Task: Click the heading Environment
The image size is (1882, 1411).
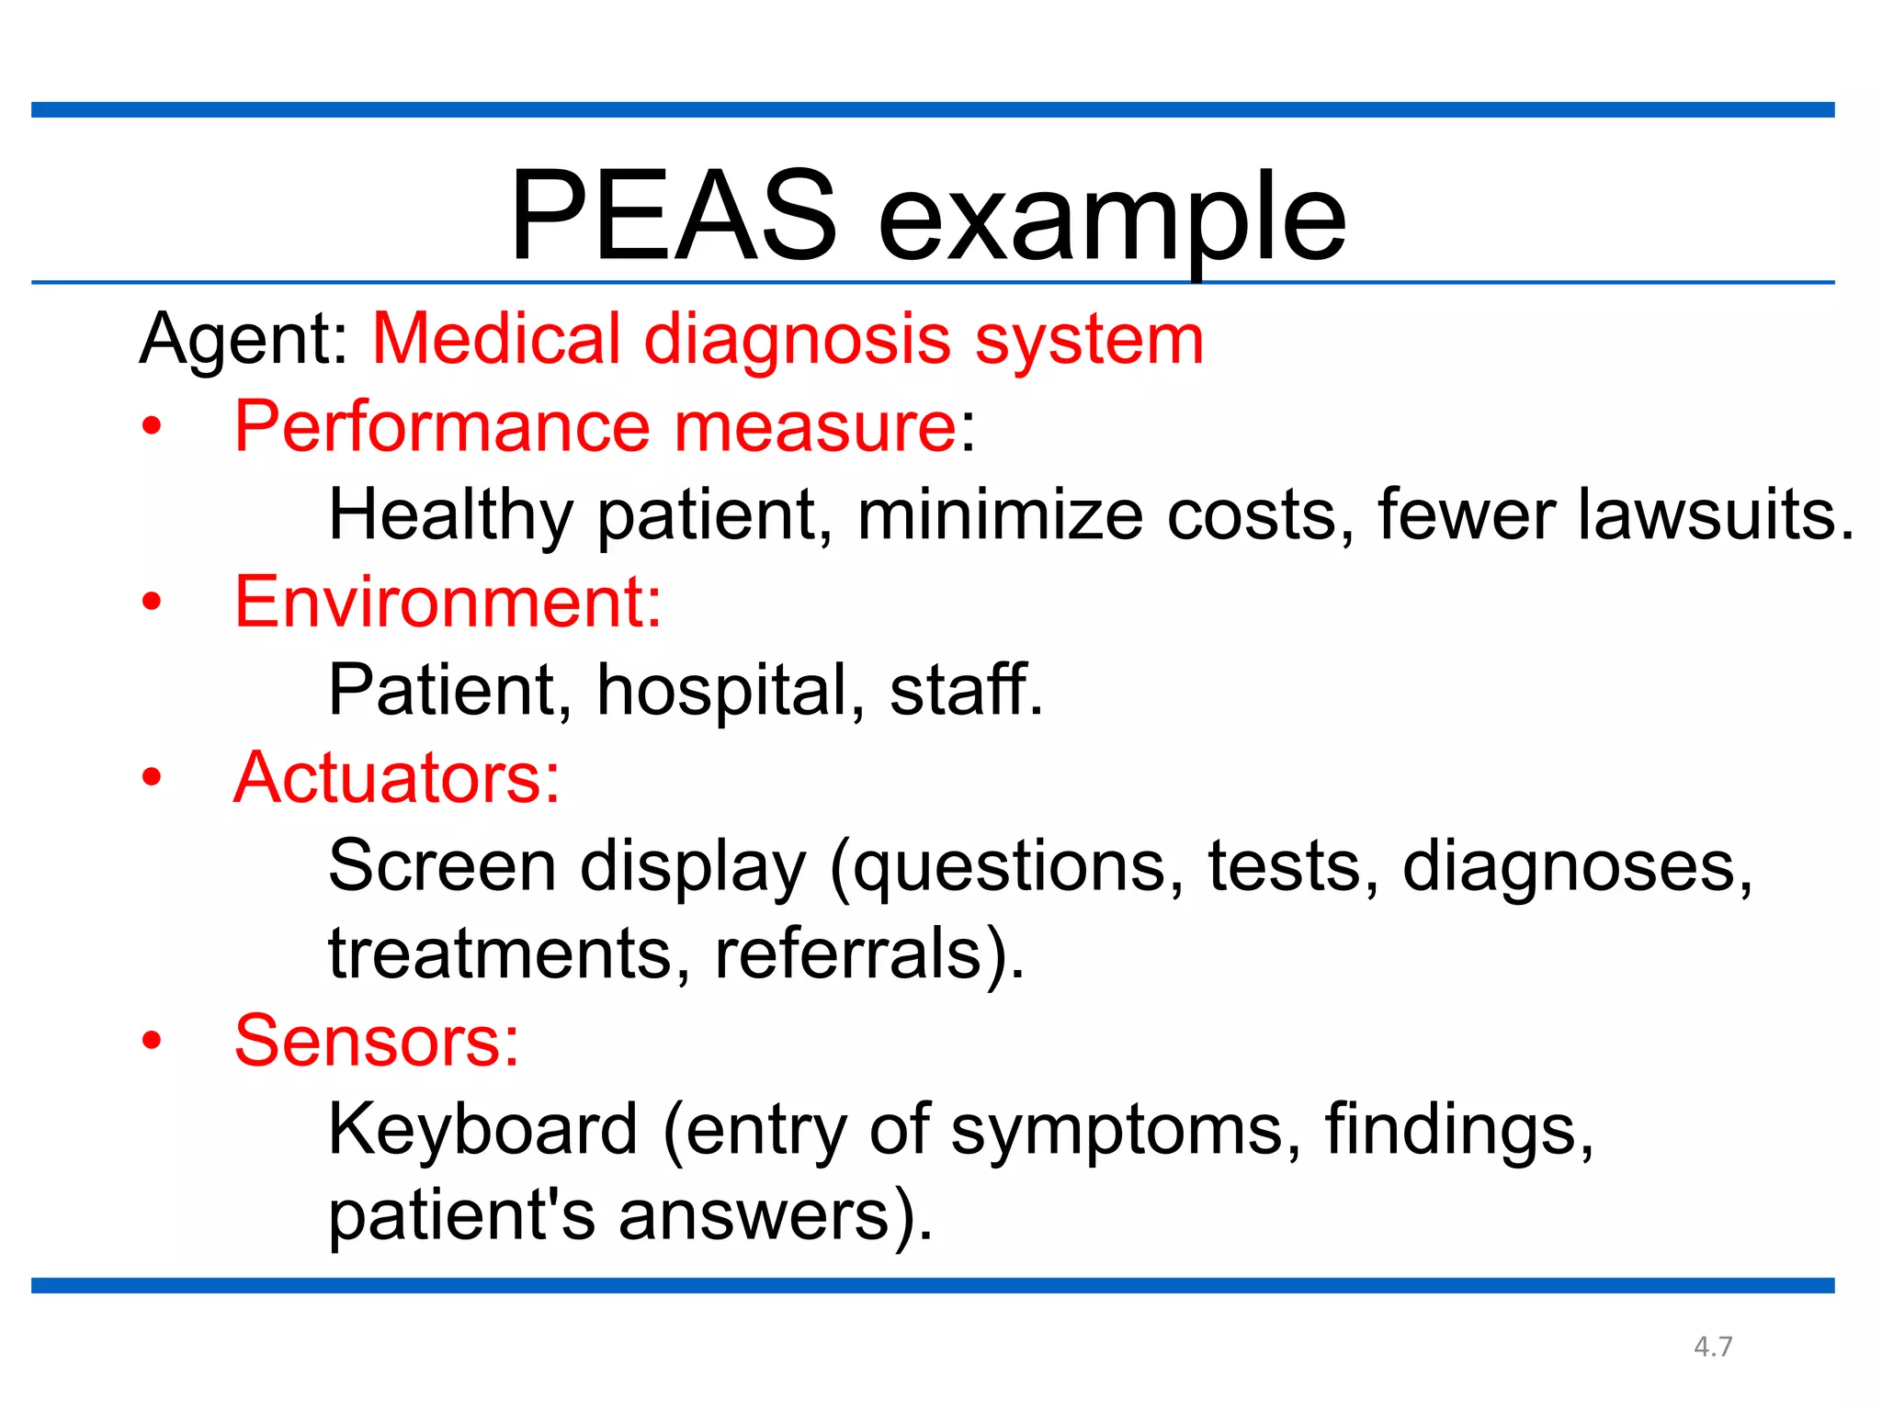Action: (448, 602)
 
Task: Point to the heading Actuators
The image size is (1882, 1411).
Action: (396, 778)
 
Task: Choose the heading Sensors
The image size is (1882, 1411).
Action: (377, 1041)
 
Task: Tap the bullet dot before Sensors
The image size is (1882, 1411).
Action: (152, 1041)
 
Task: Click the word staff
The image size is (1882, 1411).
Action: (965, 689)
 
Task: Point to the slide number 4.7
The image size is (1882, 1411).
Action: (1713, 1347)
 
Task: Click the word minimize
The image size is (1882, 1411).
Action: (1000, 514)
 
